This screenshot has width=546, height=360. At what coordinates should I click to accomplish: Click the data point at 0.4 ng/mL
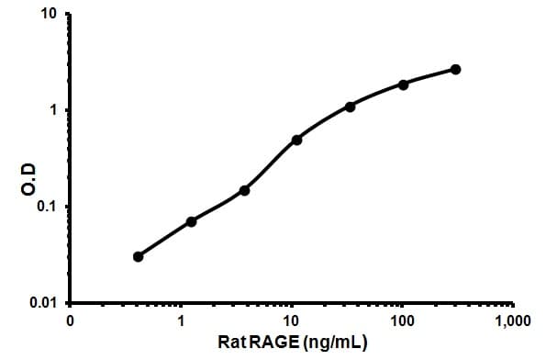[x=138, y=256]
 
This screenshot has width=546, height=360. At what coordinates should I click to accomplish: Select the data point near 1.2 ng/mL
[x=191, y=221]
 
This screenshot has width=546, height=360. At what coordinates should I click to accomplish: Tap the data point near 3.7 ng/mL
[x=244, y=190]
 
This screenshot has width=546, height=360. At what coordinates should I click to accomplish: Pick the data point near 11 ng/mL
[x=296, y=140]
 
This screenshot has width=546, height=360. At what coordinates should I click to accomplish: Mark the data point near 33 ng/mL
[x=350, y=107]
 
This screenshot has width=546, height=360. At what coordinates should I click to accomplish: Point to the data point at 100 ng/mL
[x=403, y=84]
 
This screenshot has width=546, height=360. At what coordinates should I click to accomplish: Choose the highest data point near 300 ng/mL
[x=456, y=69]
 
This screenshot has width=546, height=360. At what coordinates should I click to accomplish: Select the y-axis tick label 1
[x=55, y=111]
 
